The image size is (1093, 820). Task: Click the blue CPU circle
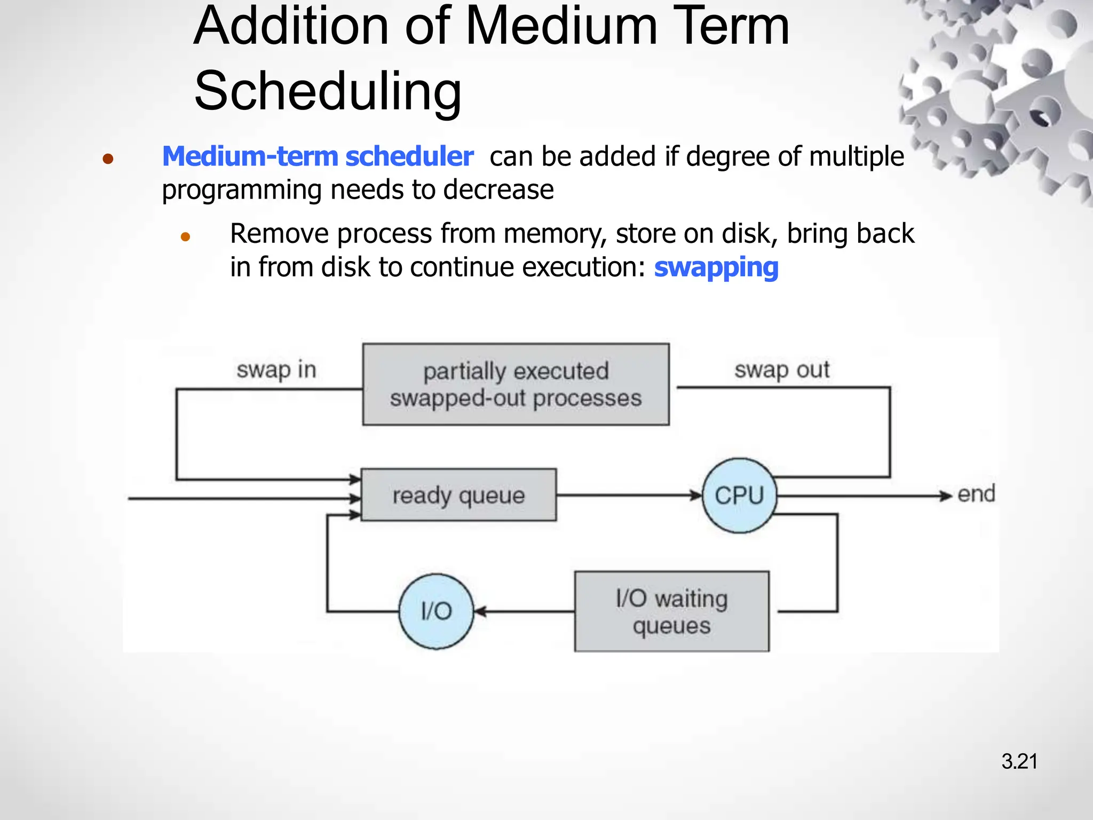[739, 495]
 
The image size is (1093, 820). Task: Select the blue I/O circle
[436, 611]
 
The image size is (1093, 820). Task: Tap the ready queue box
[458, 495]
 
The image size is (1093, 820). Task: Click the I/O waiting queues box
[671, 611]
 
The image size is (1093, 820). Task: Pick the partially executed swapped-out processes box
[516, 384]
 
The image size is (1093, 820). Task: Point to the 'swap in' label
[276, 369]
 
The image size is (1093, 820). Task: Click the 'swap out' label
[782, 369]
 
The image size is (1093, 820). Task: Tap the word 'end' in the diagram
[976, 494]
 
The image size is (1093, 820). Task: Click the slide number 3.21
[1019, 761]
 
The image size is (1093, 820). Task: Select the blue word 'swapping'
[716, 267]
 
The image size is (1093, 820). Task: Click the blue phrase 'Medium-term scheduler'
[318, 156]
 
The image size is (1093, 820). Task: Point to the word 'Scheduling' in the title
[328, 91]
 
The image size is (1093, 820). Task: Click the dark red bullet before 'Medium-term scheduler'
[108, 159]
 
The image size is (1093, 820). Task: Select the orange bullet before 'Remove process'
[185, 236]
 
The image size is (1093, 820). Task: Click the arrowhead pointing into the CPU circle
[696, 495]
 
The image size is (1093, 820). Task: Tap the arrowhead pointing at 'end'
[946, 496]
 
